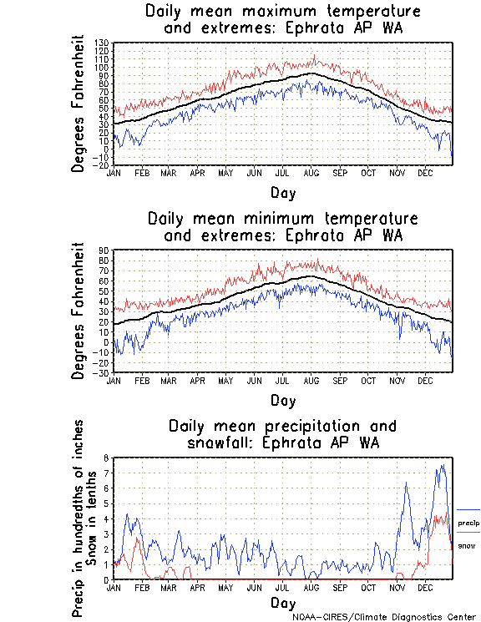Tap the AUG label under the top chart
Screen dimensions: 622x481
pos(311,172)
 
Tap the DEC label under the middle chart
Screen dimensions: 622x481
pos(425,379)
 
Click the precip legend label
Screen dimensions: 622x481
pos(468,523)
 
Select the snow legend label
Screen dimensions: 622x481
pos(467,545)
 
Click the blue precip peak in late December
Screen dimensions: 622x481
pos(442,466)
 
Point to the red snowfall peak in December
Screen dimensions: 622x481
pos(440,515)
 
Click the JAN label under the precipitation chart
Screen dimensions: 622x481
pos(114,587)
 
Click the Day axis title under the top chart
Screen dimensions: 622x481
pos(282,193)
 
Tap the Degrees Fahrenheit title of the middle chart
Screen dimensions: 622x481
pos(79,311)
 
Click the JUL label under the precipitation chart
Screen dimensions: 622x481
pos(283,587)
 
